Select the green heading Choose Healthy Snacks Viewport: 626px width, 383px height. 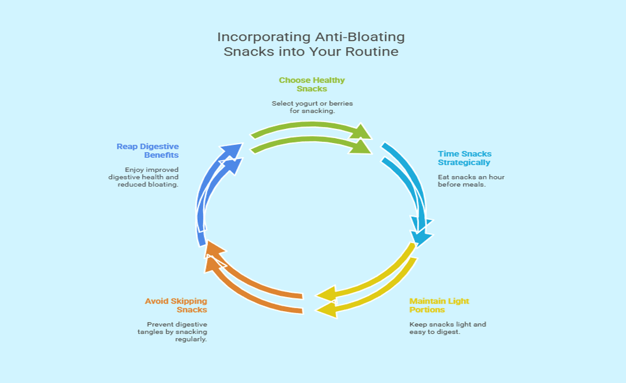[x=311, y=84]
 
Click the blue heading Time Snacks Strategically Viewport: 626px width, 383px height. [x=465, y=158]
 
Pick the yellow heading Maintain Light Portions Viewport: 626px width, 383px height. [x=439, y=305]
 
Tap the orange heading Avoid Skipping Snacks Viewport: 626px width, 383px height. [x=176, y=305]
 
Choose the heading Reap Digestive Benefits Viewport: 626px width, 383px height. [x=148, y=151]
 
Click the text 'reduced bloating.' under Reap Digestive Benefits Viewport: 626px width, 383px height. [x=148, y=184]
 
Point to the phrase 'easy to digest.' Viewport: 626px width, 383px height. [x=435, y=332]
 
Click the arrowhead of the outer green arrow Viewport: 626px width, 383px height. [x=362, y=132]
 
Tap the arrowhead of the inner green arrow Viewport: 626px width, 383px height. [x=361, y=146]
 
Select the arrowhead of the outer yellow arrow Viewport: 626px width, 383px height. [x=326, y=310]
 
